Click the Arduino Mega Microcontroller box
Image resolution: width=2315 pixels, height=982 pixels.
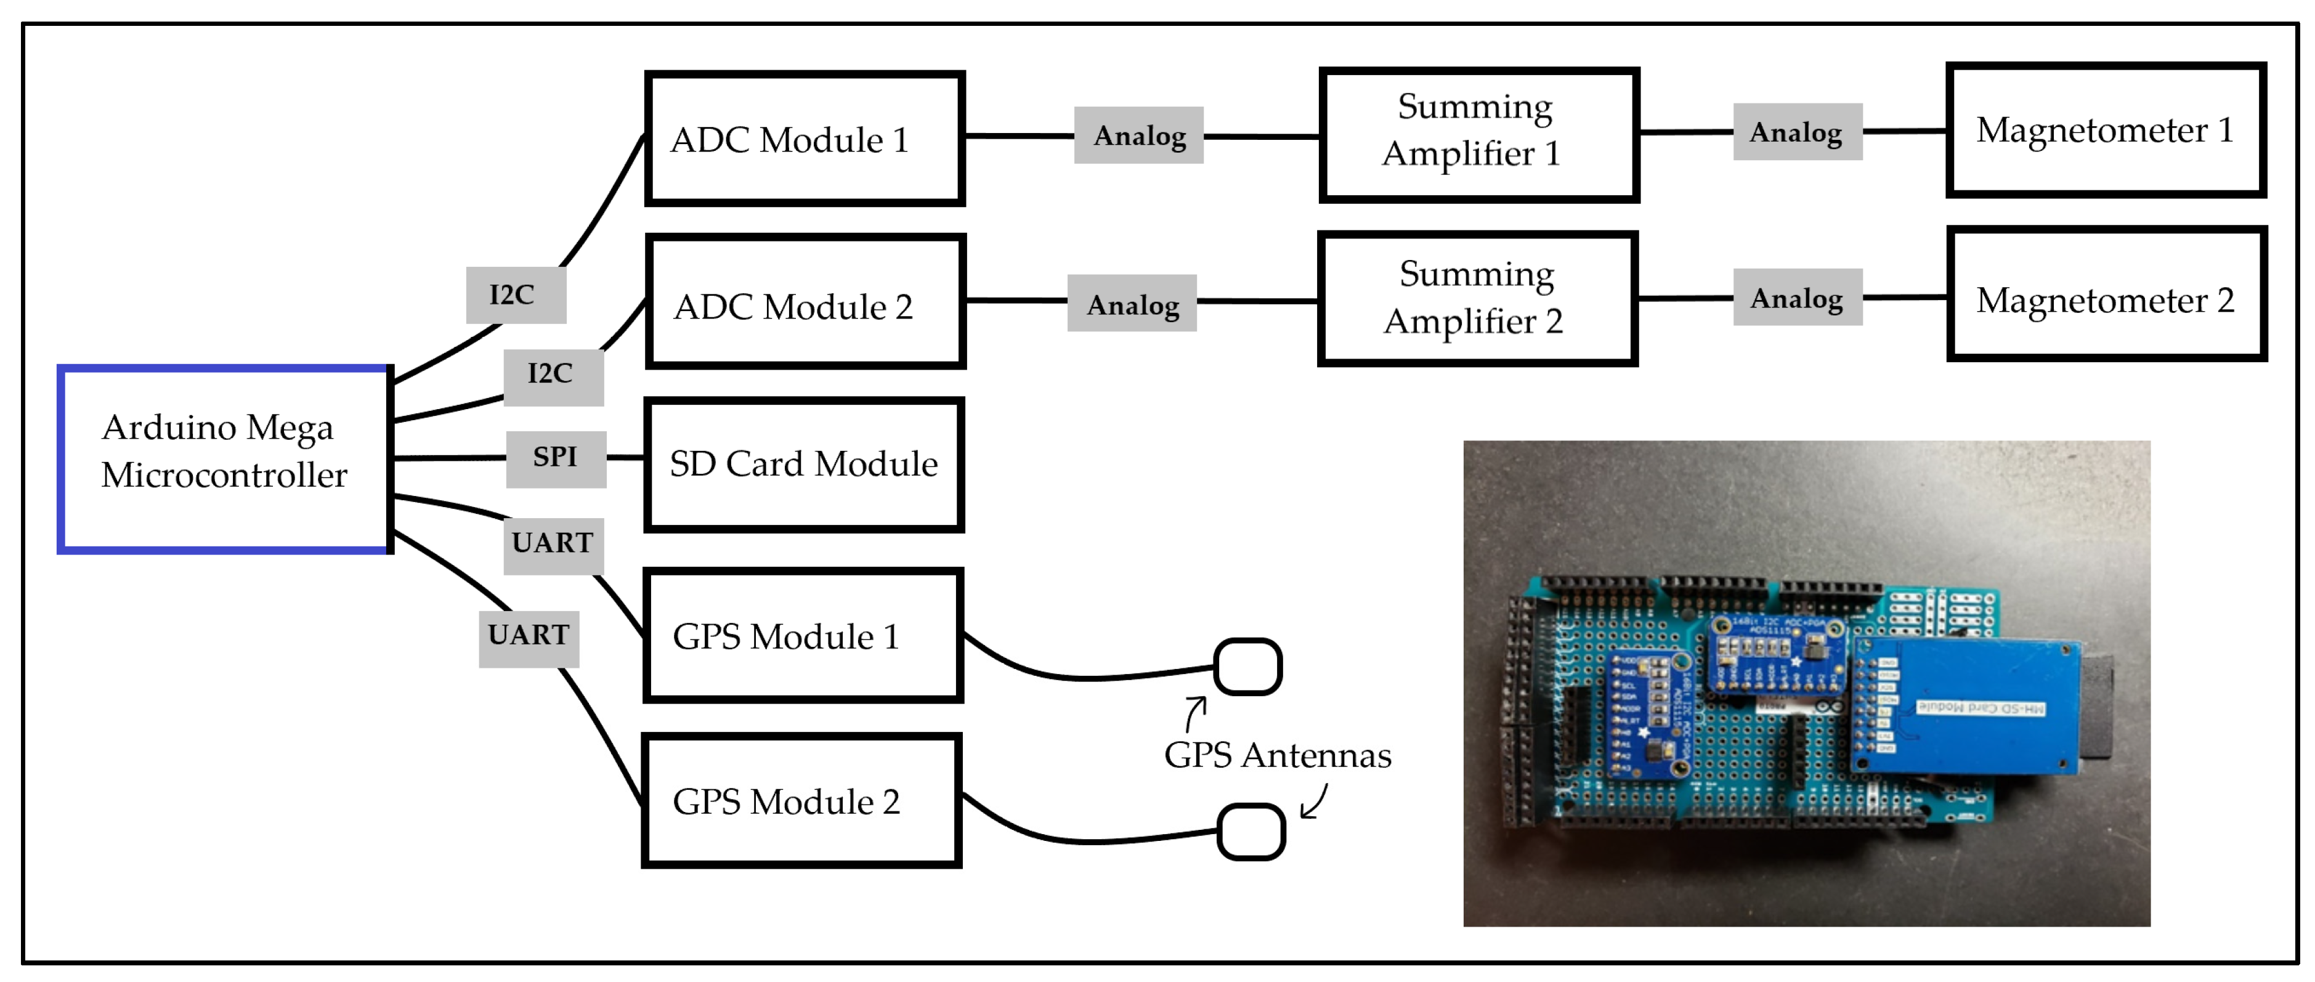coord(225,459)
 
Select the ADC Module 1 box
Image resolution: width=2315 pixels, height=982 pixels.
coord(805,139)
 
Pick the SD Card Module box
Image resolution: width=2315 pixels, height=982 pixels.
coord(805,465)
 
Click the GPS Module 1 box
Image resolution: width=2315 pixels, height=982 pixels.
coord(803,635)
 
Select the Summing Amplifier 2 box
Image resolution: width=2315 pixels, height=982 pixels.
coord(1477,298)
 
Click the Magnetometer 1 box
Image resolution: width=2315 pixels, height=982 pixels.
coord(2105,129)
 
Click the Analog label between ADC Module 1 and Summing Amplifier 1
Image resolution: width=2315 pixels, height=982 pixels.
coord(1138,136)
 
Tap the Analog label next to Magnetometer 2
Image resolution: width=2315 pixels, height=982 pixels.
coord(1796,298)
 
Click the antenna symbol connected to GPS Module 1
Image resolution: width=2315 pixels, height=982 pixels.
coord(1247,667)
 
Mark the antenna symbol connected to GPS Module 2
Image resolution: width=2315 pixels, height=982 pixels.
coord(1251,832)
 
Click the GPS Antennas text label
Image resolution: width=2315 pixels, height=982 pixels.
coord(1277,755)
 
